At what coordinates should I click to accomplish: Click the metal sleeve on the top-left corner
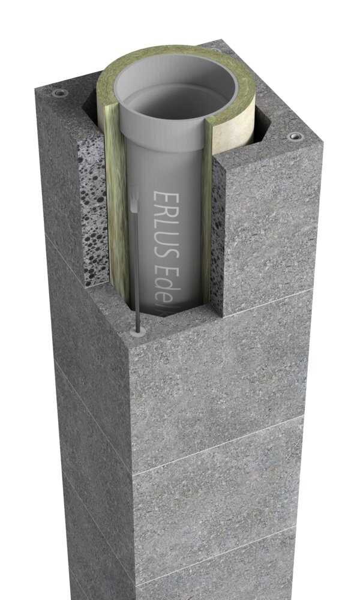pyautogui.click(x=60, y=94)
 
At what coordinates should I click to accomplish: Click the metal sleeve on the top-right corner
pyautogui.click(x=294, y=137)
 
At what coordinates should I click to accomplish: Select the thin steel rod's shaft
pyautogui.click(x=136, y=270)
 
